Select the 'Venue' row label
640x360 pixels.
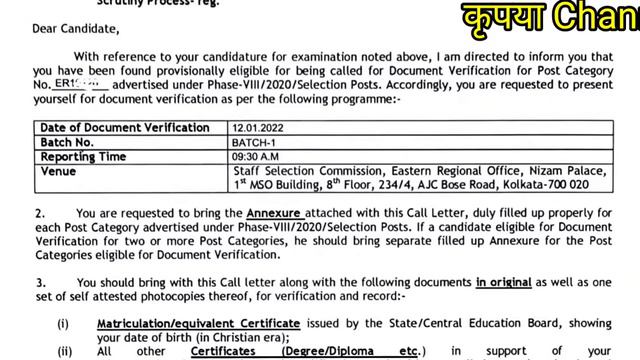[58, 171]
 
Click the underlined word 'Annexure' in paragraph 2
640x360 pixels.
[273, 214]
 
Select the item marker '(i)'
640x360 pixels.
[63, 326]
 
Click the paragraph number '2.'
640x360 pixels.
[41, 214]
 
